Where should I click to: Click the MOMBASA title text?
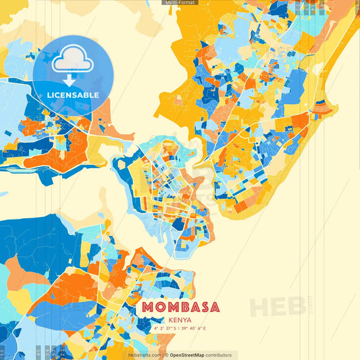180,307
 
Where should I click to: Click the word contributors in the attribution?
218,355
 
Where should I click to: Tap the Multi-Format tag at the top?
180,3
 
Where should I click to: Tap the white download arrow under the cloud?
72,80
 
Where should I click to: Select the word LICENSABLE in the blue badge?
72,95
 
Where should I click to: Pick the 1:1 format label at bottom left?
3,351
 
